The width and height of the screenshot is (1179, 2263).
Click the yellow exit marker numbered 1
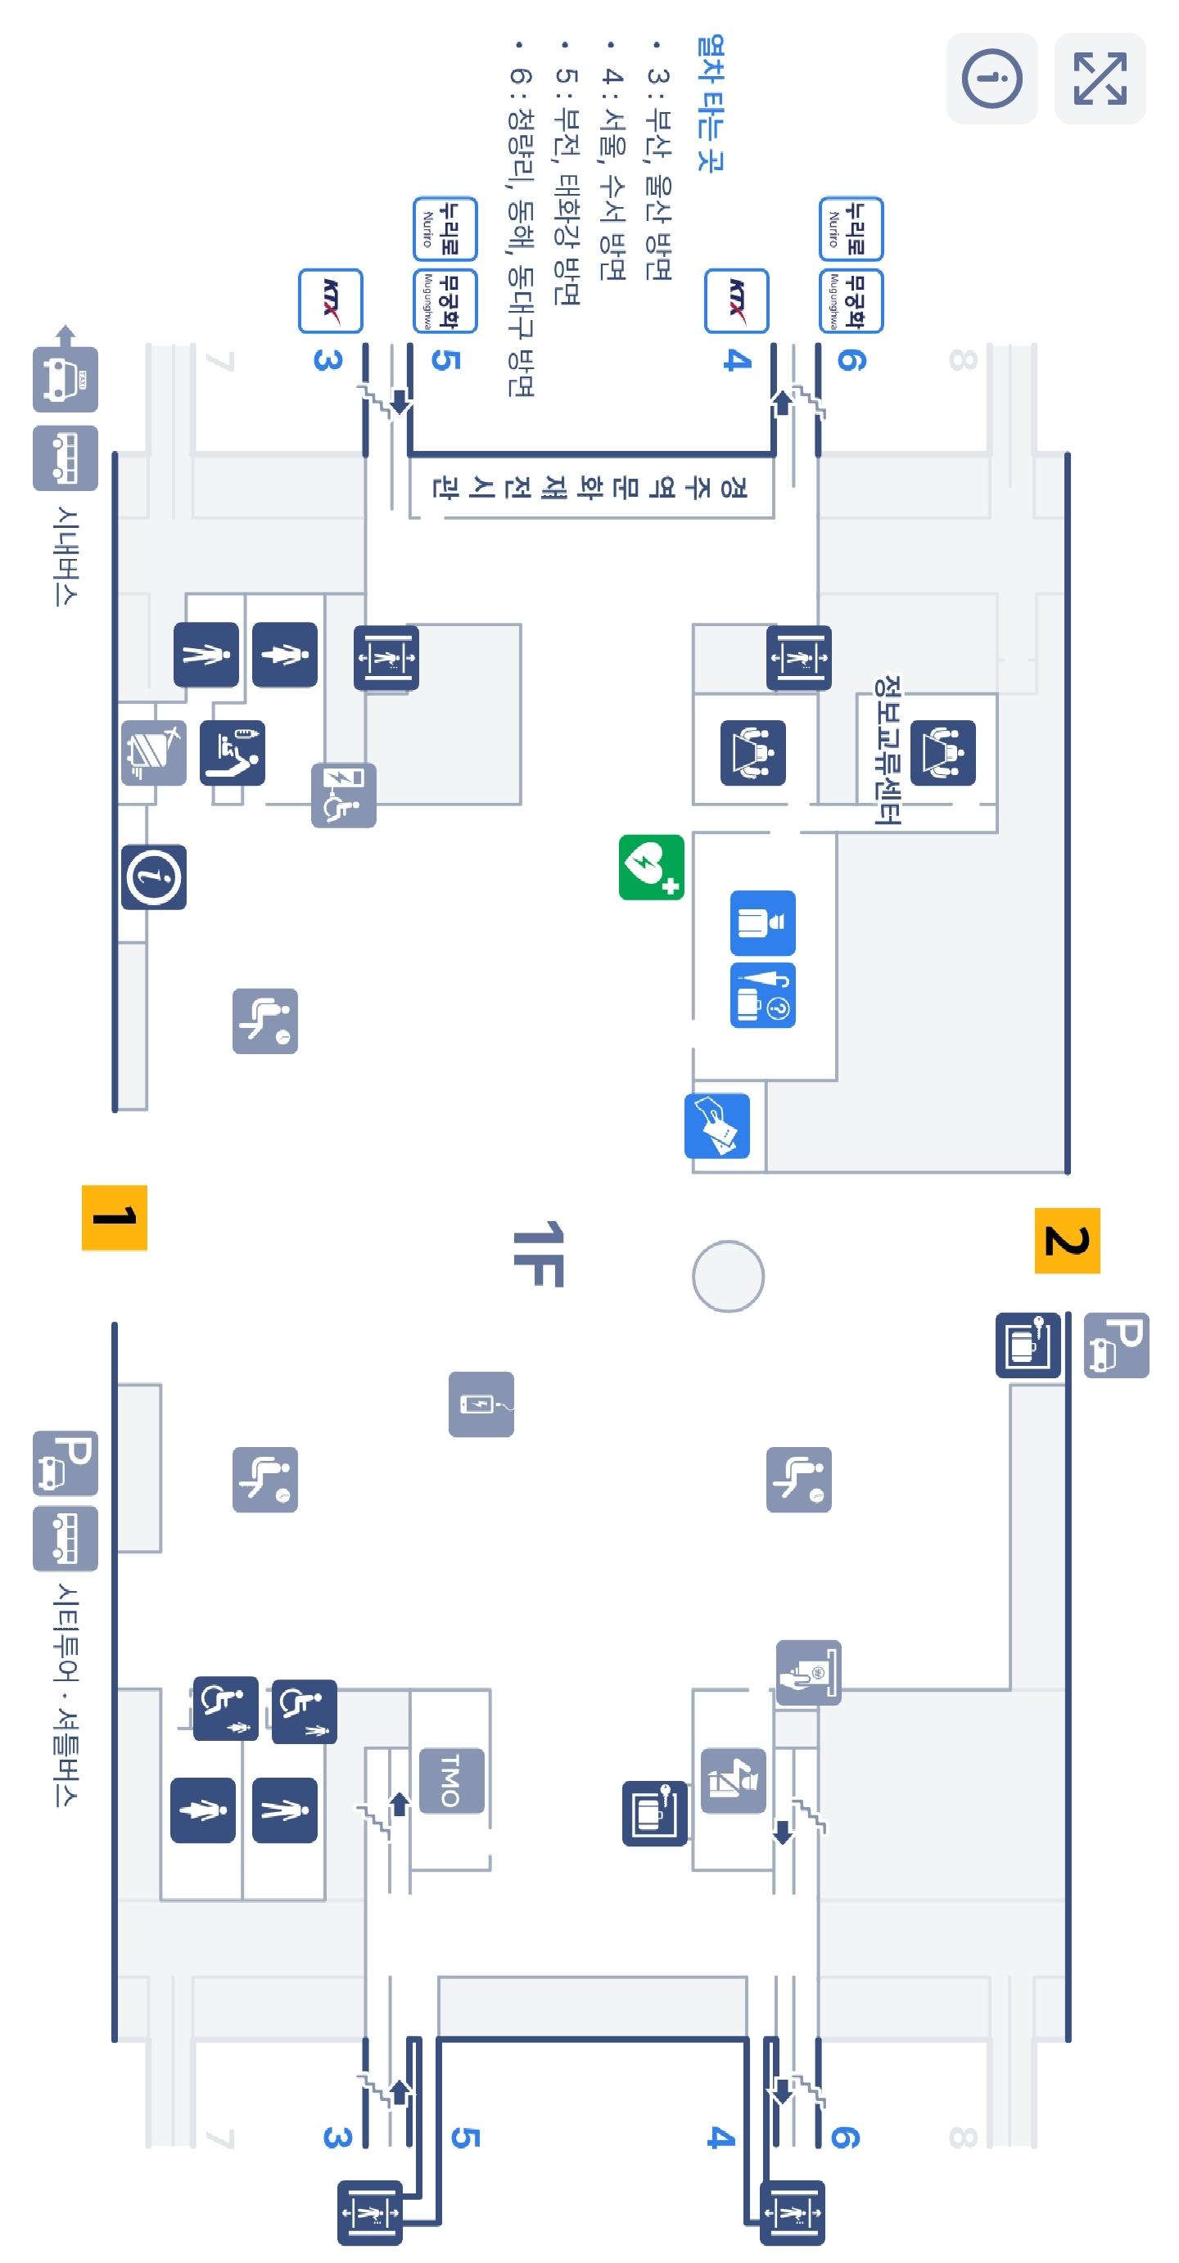pos(114,1218)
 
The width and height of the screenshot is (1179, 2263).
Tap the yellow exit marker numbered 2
pos(1067,1241)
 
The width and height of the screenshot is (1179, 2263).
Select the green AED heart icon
pos(651,867)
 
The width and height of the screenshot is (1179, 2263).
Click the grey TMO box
pos(450,1780)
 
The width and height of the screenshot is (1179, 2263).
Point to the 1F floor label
pos(538,1254)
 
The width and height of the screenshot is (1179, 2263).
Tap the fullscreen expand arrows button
pos(1100,79)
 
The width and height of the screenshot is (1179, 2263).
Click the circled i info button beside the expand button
pos(991,79)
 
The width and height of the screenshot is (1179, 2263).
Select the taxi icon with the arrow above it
pos(65,378)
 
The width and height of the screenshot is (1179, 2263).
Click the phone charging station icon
pos(481,1404)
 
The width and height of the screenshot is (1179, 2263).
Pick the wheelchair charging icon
pos(344,795)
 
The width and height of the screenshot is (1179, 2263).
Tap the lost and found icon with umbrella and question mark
pos(762,995)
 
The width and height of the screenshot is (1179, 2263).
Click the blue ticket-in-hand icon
pos(717,1125)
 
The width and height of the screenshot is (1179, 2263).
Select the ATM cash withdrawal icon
pos(808,1673)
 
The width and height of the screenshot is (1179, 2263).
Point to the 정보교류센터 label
pos(888,750)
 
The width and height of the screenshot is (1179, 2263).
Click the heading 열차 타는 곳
pos(710,104)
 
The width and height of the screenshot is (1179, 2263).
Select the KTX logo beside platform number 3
pos(330,301)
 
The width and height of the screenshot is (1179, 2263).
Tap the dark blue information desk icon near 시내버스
pos(154,877)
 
